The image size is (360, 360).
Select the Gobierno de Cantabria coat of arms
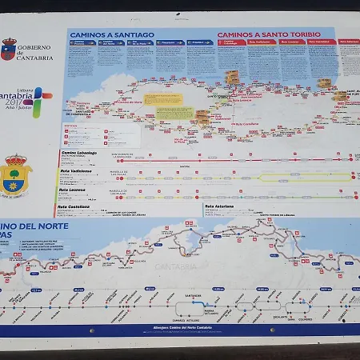[9, 50]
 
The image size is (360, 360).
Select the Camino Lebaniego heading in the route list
[78, 153]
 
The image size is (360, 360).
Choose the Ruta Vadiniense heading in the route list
[76, 171]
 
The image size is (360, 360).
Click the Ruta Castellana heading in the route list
[74, 206]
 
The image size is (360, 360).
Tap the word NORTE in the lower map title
[52, 226]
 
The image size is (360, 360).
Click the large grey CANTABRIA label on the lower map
[177, 266]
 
